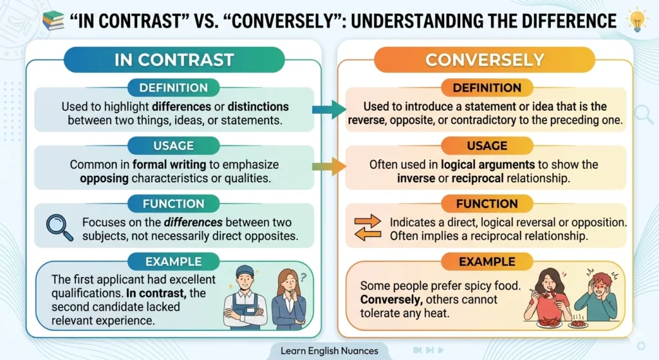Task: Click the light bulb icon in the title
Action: tap(638, 20)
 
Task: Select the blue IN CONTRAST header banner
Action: tap(174, 60)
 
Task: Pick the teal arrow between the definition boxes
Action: tap(329, 109)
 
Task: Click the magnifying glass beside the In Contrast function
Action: tap(60, 227)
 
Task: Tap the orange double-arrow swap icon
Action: tap(368, 229)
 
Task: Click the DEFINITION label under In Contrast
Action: tap(174, 88)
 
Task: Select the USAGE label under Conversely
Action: tap(487, 146)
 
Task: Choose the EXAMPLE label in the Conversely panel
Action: tap(487, 261)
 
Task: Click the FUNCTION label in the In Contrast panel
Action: tap(174, 204)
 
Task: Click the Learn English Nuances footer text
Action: tap(329, 351)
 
